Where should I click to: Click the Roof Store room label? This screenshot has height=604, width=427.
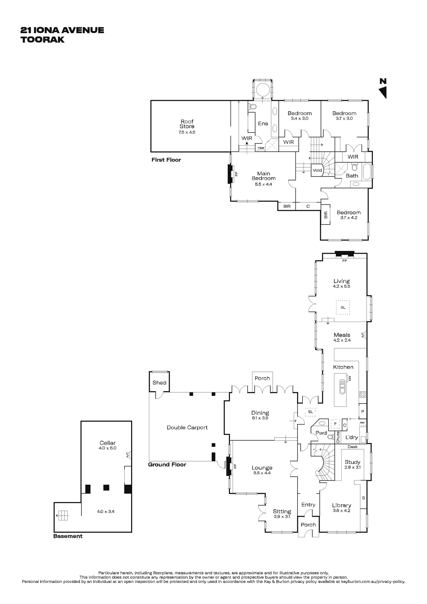[x=187, y=124]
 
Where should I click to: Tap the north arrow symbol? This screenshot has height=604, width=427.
[x=383, y=92]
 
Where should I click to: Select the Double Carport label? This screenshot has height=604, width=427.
[x=187, y=427]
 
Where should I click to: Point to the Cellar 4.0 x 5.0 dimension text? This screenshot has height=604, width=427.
[x=108, y=448]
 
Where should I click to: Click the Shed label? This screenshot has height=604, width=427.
[x=159, y=382]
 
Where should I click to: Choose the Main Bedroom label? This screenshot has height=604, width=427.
[x=264, y=176]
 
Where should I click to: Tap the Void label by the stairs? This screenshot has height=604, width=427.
[x=317, y=170]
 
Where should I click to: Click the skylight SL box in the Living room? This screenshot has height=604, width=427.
[x=343, y=307]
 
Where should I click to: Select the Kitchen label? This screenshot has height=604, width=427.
[x=343, y=367]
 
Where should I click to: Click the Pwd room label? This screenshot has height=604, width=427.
[x=321, y=433]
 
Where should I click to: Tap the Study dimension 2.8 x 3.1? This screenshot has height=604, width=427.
[x=352, y=467]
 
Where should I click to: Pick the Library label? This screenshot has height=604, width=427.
[x=342, y=505]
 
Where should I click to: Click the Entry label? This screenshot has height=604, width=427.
[x=308, y=505]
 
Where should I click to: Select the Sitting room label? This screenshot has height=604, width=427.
[x=282, y=511]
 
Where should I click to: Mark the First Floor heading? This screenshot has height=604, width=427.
[x=166, y=160]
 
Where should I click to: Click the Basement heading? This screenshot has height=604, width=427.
[x=68, y=536]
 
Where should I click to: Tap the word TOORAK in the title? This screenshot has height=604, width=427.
[x=43, y=40]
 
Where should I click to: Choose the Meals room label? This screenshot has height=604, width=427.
[x=342, y=335]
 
